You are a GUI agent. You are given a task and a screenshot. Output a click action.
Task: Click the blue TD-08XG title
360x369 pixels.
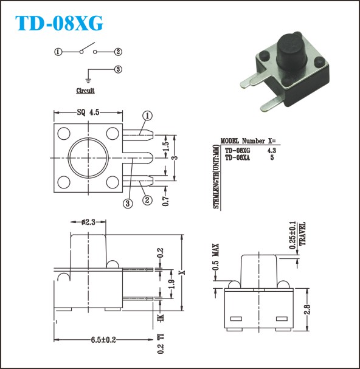coord(59,23)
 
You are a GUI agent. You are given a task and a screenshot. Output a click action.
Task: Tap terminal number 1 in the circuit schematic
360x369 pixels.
coord(58,52)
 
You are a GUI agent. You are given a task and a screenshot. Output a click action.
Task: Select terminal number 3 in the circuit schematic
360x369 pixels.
coord(118,69)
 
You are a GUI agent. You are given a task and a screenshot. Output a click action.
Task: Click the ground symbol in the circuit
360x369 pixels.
coord(88,80)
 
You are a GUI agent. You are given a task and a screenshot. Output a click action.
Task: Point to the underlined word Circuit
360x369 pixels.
coord(85,91)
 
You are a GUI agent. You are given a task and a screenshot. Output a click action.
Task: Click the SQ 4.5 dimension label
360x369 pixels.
coord(88,112)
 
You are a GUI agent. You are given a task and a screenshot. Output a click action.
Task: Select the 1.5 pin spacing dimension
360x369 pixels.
coord(166,147)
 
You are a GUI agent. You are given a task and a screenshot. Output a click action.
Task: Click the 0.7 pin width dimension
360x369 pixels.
coord(166,201)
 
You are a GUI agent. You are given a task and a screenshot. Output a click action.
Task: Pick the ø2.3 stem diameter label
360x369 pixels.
coord(88,222)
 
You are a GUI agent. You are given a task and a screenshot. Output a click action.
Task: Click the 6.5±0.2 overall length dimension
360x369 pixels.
coord(103,340)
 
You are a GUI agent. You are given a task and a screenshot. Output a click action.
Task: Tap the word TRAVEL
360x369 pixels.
coord(302,233)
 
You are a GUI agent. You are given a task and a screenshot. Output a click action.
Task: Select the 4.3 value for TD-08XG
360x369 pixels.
coord(272,150)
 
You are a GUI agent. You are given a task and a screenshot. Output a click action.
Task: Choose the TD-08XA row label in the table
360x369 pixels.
coord(237,157)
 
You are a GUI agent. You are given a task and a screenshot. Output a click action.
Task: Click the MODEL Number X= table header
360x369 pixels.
coord(248,140)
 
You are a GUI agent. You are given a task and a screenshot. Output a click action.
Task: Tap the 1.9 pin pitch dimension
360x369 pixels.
coord(172,284)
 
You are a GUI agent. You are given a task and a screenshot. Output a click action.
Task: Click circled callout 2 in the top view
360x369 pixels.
coord(147,200)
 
